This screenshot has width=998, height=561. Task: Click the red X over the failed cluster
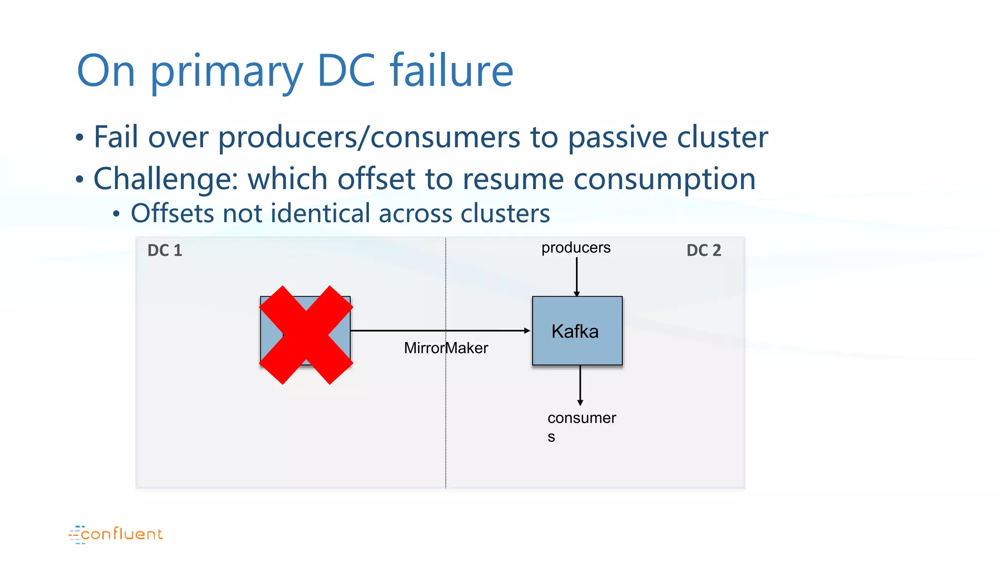306,335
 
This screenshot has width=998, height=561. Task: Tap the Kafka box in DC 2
577,331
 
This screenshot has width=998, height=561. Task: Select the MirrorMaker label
446,348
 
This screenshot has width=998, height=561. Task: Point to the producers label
576,248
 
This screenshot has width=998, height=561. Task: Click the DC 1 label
165,250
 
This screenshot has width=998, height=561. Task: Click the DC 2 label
703,250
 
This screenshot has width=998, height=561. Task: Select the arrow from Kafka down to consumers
580,385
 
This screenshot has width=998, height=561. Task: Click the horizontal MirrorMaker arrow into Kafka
439,331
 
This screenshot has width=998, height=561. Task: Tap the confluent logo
116,534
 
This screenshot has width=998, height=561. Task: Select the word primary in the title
227,72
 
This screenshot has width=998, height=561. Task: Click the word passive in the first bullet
617,137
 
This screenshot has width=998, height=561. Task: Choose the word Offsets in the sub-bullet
173,213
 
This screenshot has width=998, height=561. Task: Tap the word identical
320,213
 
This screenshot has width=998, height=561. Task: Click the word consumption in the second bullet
664,179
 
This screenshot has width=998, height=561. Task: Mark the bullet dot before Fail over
80,137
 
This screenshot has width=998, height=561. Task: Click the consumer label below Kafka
581,418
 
